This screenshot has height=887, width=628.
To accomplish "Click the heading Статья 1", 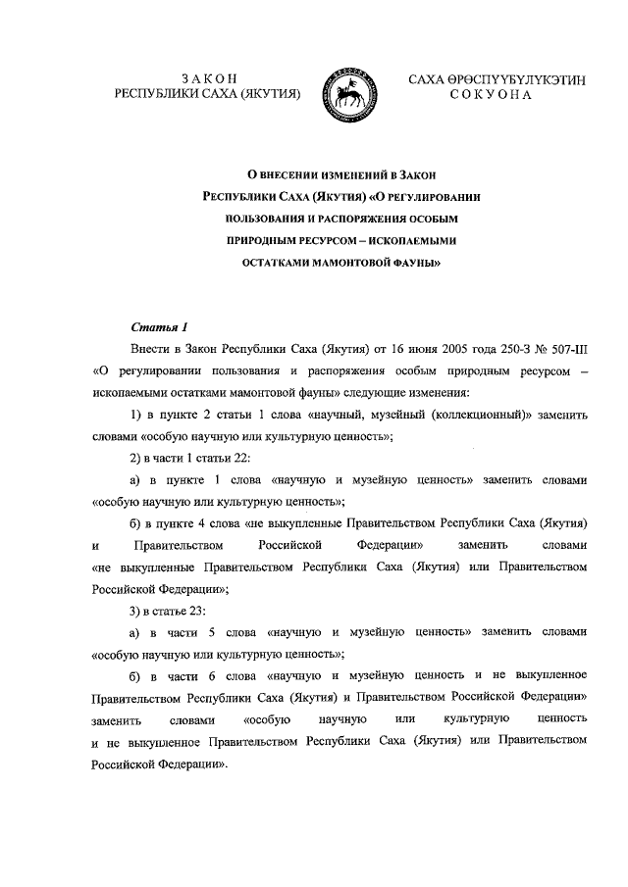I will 158,325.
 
